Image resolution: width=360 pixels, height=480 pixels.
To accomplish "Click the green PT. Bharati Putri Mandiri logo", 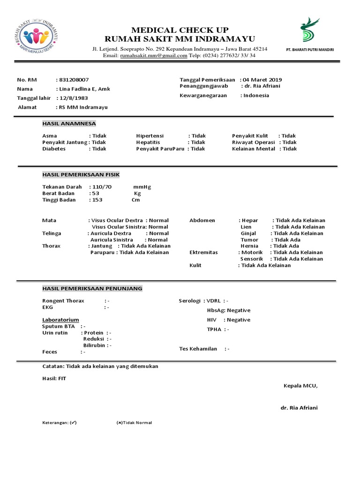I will (309, 31).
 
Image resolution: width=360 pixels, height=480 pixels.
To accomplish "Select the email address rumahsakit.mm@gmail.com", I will (154, 55).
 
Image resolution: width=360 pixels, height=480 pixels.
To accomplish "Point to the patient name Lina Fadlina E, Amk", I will (84, 89).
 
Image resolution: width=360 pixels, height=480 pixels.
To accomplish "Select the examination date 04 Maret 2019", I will (262, 80).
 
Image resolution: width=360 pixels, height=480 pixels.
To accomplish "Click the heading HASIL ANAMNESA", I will (69, 123).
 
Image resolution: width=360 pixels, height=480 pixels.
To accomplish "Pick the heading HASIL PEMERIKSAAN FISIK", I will (81, 175).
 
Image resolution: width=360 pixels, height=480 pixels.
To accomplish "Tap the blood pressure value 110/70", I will (102, 187).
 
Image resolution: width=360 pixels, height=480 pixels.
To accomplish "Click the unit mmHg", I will (142, 187).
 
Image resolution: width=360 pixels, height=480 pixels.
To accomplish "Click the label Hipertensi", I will (150, 136).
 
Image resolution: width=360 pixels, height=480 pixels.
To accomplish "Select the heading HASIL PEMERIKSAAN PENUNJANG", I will (92, 288).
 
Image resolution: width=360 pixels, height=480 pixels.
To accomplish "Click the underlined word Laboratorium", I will (60, 320).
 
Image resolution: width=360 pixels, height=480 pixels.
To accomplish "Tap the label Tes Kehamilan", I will (198, 349).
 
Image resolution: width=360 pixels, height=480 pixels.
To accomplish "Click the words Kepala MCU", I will (300, 386).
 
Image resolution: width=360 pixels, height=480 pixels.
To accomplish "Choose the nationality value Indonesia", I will (256, 96).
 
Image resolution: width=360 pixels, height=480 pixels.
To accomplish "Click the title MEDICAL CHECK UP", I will (180, 30).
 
